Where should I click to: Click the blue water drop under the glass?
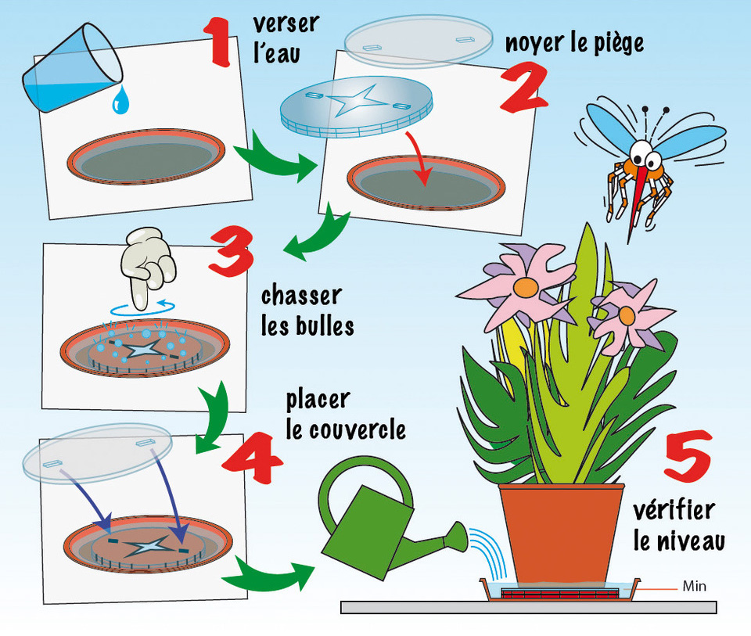(120, 99)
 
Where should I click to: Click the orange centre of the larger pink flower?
(526, 288)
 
